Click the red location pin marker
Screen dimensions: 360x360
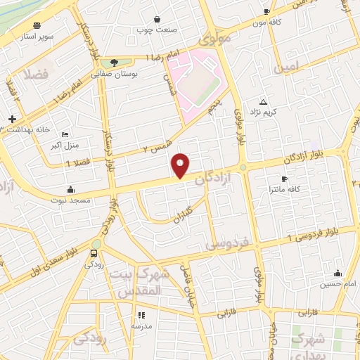181,165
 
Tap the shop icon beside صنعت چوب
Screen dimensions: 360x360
155,18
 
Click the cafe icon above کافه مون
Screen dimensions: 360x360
266,12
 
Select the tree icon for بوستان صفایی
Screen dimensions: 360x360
114,63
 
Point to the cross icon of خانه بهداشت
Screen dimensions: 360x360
13,119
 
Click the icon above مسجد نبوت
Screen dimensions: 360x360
70,189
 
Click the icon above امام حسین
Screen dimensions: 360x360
337,274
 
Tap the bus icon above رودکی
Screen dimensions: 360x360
94,253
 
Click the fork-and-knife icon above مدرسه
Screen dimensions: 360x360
141,316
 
